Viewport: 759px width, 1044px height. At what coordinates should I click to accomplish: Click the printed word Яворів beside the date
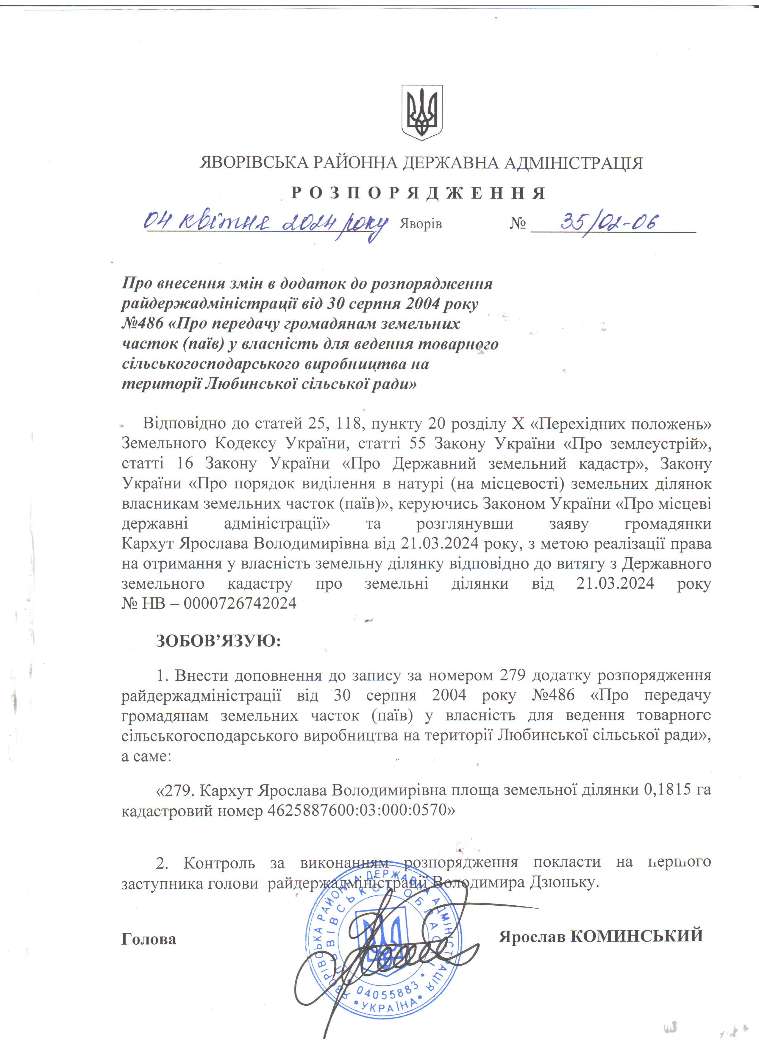[x=420, y=224]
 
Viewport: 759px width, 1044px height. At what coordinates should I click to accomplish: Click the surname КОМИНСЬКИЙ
[x=637, y=936]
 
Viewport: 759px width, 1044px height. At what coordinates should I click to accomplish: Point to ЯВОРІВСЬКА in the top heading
[x=254, y=163]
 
